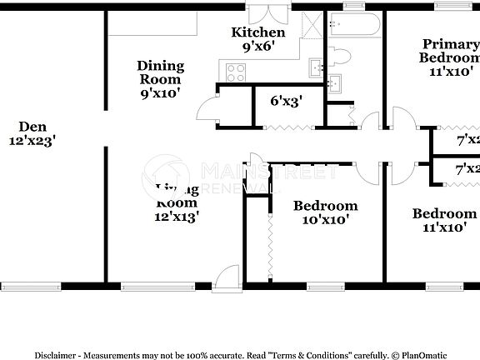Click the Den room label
[32, 127]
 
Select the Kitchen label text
[257, 32]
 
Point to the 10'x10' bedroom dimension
[326, 220]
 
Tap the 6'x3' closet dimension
[286, 100]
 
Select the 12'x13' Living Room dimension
[177, 217]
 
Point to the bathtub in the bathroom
[352, 27]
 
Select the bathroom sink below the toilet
[335, 82]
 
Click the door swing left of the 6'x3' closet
[206, 107]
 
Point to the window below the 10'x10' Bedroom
[325, 287]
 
